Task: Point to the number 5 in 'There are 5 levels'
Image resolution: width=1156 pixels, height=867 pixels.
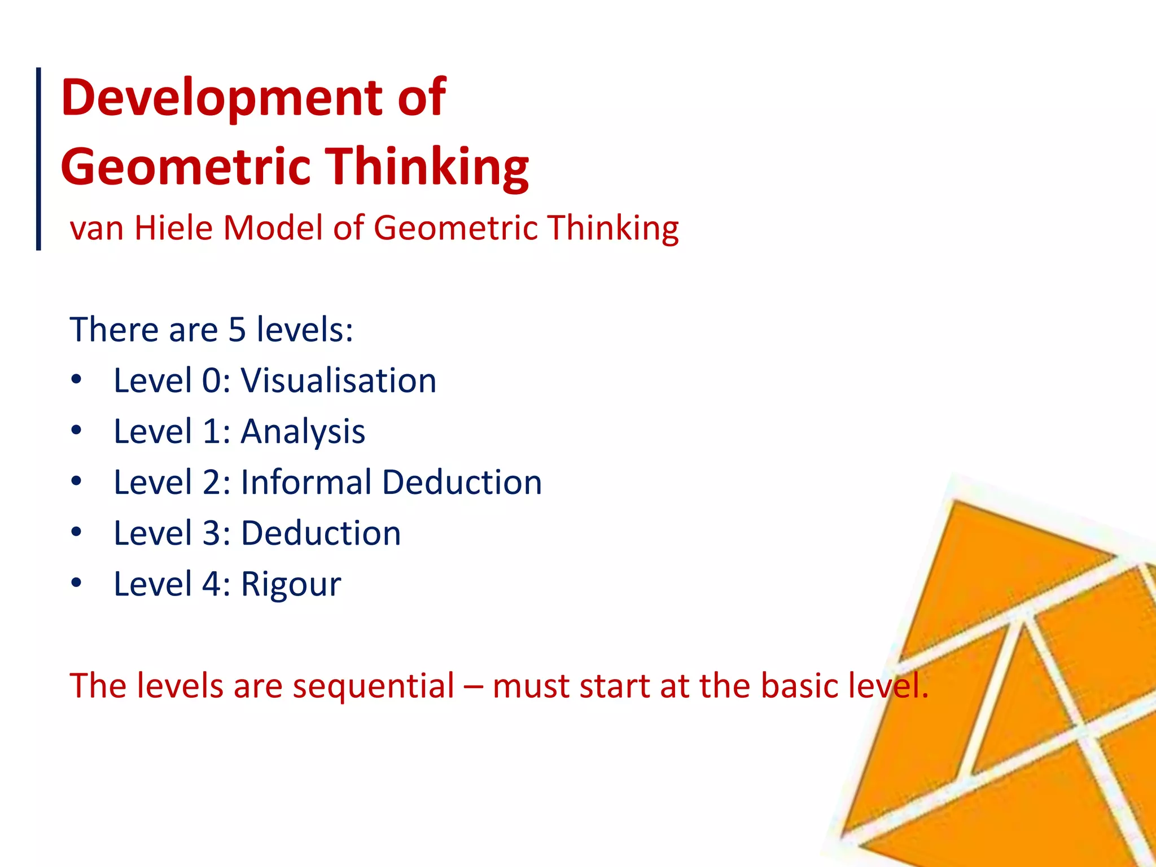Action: tap(237, 330)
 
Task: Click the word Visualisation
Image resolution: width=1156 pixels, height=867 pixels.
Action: tap(339, 380)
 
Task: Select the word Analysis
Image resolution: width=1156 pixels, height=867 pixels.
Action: tap(303, 432)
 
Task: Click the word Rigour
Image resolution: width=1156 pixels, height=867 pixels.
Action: tap(291, 584)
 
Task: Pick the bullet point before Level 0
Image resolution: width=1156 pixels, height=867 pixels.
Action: tap(77, 379)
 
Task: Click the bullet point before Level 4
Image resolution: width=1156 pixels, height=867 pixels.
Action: tap(77, 583)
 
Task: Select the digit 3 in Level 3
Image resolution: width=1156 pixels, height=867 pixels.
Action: tap(212, 533)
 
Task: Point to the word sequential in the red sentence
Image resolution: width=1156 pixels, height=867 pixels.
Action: tap(373, 686)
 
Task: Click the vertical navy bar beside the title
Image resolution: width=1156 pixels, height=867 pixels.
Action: tap(38, 158)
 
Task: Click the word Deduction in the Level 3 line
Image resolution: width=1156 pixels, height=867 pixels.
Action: tap(321, 533)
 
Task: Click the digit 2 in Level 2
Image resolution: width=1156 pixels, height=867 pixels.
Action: tap(212, 483)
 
